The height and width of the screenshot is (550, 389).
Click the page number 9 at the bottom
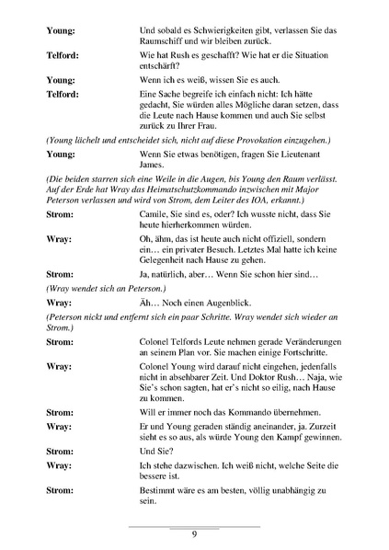pyautogui.click(x=194, y=534)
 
